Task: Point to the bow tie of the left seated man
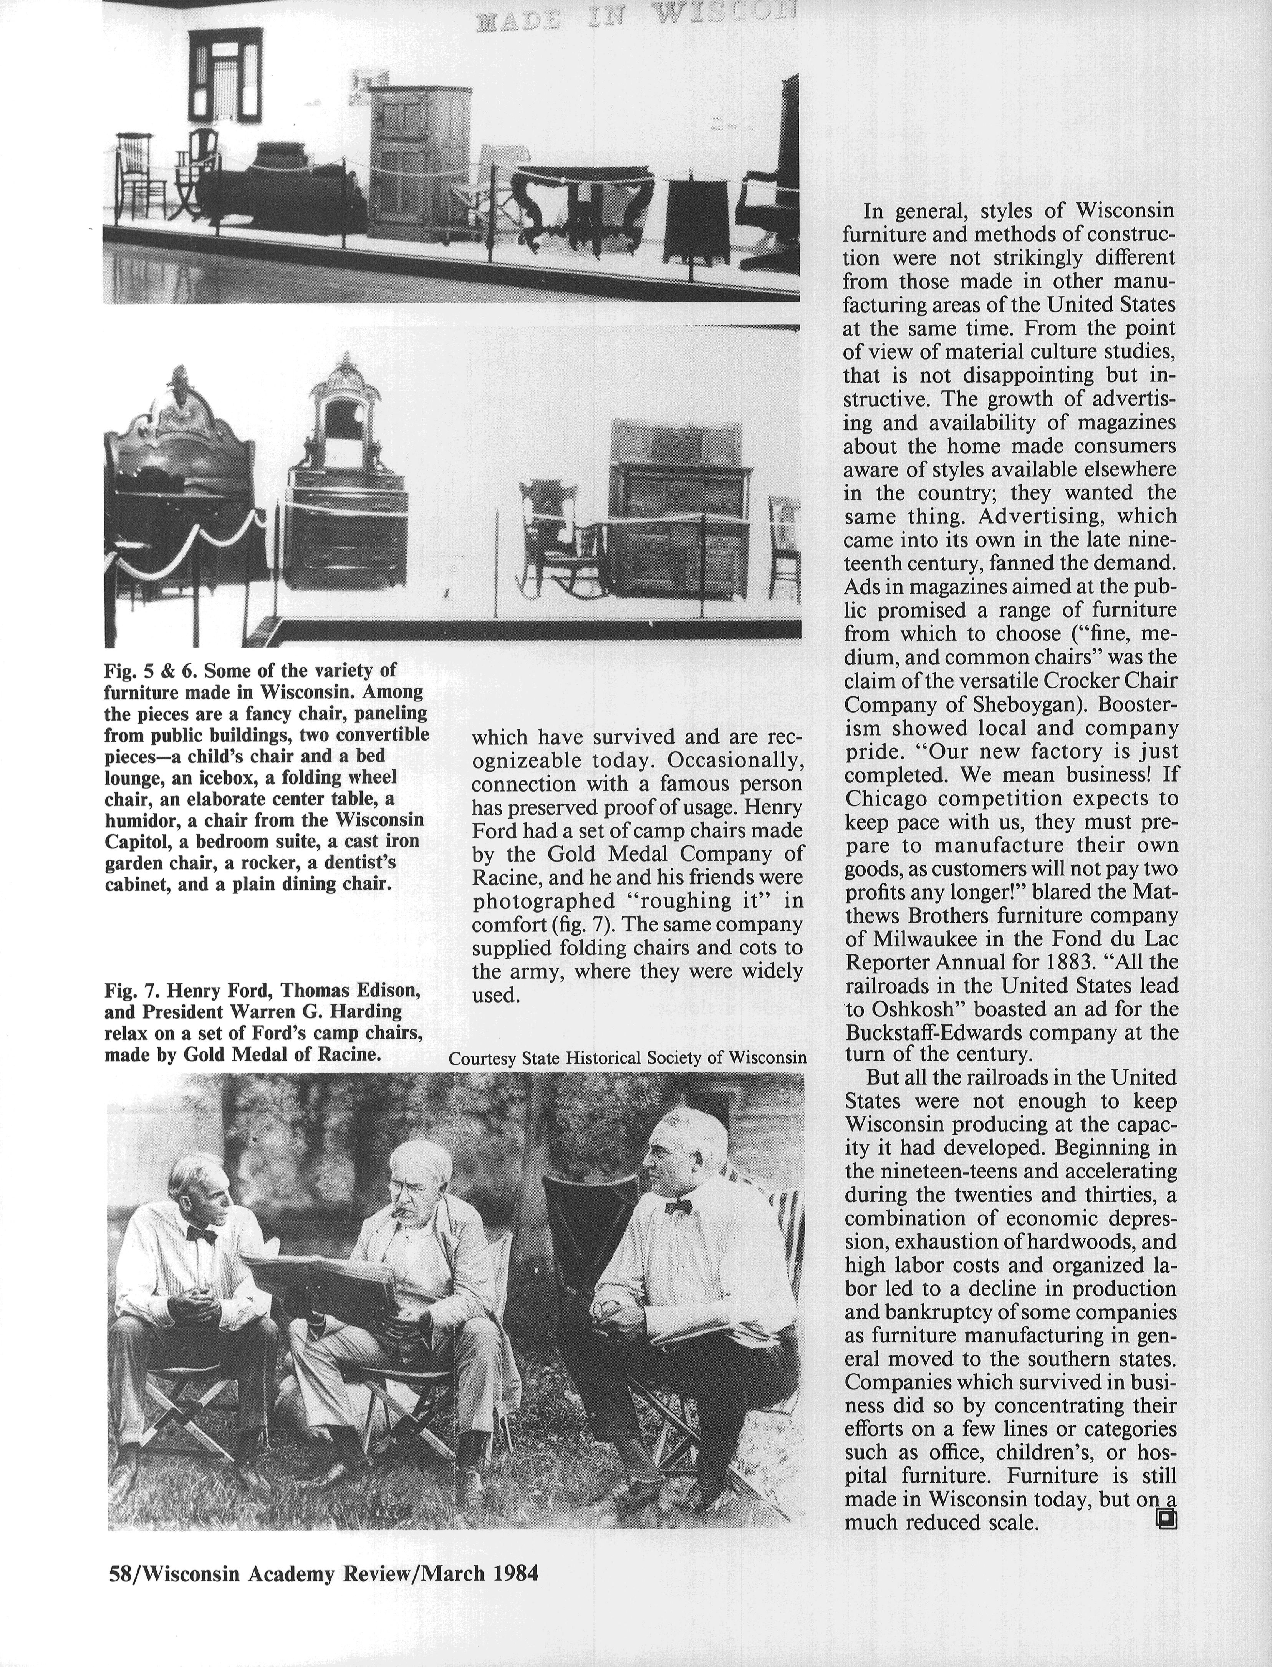(201, 1235)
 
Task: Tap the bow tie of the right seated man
(679, 1206)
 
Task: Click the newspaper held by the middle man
(326, 1282)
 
